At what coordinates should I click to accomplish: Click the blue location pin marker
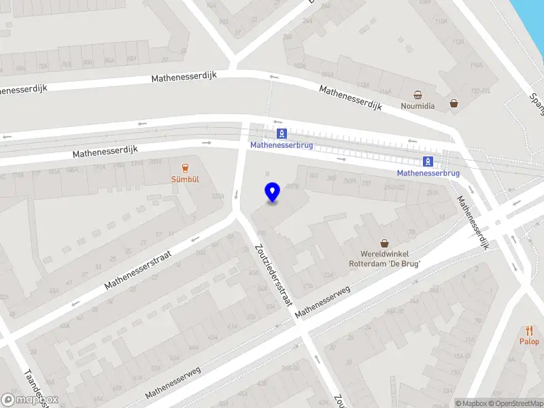tap(272, 192)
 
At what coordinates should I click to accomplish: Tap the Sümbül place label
tap(185, 180)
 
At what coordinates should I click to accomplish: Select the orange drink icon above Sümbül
tap(185, 167)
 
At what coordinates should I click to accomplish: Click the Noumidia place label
tap(418, 106)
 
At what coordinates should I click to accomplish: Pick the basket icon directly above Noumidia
tap(418, 95)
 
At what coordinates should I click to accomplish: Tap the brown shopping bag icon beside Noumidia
tap(454, 104)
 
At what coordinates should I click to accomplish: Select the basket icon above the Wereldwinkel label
tap(385, 243)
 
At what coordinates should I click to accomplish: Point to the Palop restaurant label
tap(529, 341)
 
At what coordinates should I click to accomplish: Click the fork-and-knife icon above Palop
tap(529, 330)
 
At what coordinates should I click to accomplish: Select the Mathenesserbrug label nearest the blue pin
tap(282, 145)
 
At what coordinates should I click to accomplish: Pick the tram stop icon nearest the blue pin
tap(282, 133)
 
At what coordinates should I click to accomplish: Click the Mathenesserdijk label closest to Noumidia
tap(351, 98)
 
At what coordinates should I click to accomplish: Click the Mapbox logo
tap(30, 400)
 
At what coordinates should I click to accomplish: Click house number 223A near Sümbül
tap(218, 197)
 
